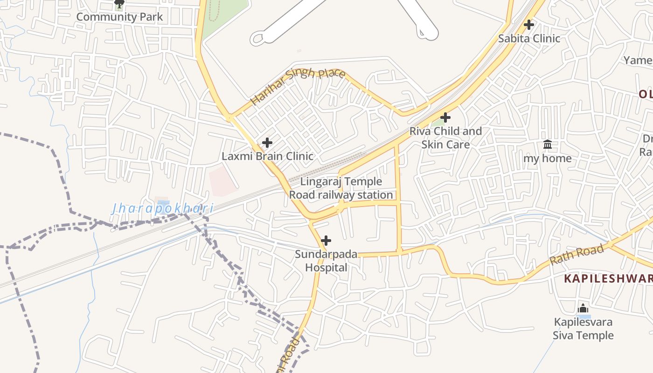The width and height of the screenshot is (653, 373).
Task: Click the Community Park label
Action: [119, 17]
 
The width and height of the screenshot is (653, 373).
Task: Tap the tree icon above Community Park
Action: [119, 4]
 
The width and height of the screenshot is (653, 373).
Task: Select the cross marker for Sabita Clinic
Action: [529, 24]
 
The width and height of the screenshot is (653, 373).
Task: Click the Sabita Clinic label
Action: [529, 38]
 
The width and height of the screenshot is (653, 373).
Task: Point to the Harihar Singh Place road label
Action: [298, 86]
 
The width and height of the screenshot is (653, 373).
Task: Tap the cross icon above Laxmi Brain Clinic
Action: [267, 142]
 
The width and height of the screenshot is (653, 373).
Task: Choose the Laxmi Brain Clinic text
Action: [267, 156]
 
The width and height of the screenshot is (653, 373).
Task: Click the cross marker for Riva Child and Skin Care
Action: [445, 117]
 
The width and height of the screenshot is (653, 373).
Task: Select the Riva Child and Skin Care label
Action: [445, 138]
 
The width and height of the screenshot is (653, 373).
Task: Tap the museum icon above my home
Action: [548, 145]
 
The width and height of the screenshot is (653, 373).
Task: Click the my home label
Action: [548, 159]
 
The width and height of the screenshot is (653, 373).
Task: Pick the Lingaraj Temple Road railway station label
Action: [341, 188]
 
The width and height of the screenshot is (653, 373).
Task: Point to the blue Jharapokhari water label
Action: [162, 208]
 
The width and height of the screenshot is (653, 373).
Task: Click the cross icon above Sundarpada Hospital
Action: [326, 241]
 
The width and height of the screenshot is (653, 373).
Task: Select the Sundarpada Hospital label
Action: [326, 261]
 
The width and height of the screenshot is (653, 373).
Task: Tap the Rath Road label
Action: [577, 255]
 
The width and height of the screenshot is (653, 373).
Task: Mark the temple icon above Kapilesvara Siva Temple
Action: [583, 308]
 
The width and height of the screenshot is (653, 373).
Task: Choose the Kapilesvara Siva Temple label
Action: [583, 329]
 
